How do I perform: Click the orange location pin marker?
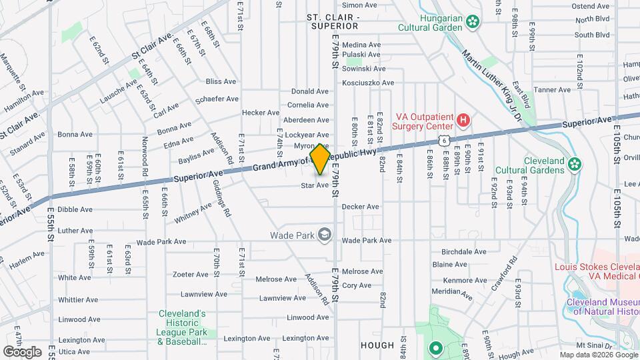pyautogui.click(x=320, y=159)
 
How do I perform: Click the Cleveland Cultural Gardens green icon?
pyautogui.click(x=574, y=163)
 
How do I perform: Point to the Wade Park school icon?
pyautogui.click(x=325, y=234)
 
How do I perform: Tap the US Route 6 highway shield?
pyautogui.click(x=443, y=138)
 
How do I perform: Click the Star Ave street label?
pyautogui.click(x=315, y=185)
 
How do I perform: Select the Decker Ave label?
pyautogui.click(x=360, y=207)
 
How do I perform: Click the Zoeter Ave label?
pyautogui.click(x=191, y=274)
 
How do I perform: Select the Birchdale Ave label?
pyautogui.click(x=464, y=252)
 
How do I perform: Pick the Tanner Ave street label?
pyautogui.click(x=553, y=89)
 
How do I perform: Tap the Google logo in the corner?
pyautogui.click(x=22, y=351)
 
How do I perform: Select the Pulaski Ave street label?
pyautogui.click(x=361, y=56)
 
